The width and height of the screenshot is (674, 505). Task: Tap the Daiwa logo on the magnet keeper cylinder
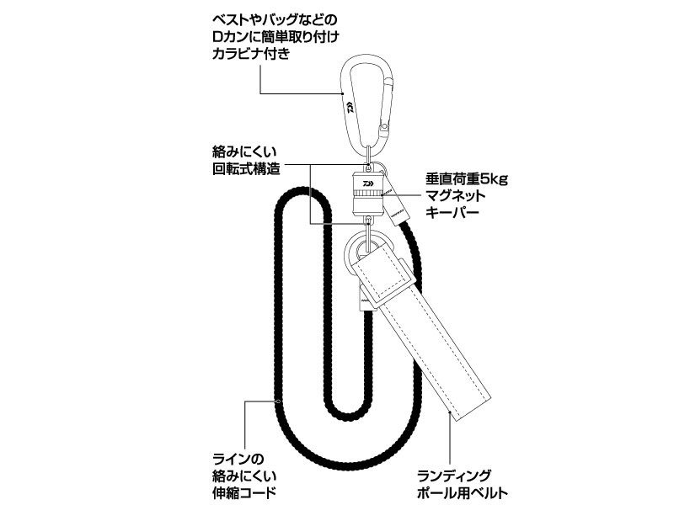point(368,180)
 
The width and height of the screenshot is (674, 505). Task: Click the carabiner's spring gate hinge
point(385,128)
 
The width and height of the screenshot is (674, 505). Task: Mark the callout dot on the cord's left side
point(276,401)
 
